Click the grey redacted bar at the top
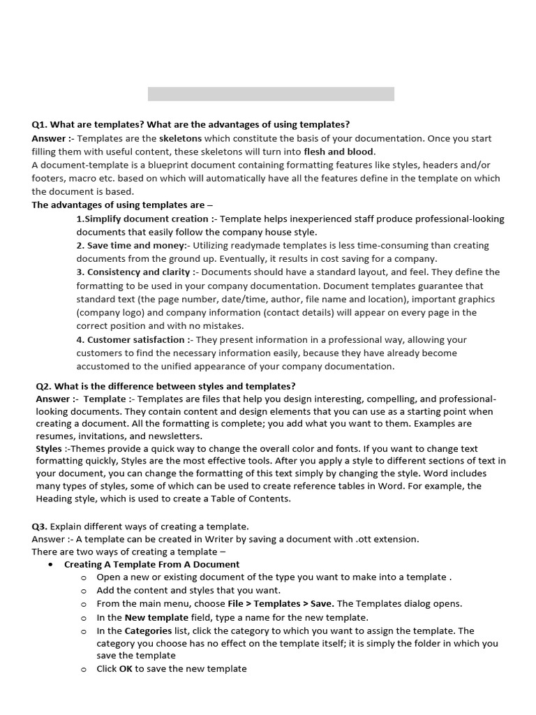click(x=271, y=94)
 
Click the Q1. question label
click(x=40, y=124)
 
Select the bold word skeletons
click(x=180, y=138)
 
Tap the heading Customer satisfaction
click(x=131, y=339)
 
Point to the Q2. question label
click(x=44, y=385)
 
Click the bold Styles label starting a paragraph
click(x=49, y=448)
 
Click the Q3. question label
click(x=39, y=526)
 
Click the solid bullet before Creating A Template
click(x=51, y=564)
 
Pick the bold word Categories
click(x=148, y=631)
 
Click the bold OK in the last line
click(x=126, y=668)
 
